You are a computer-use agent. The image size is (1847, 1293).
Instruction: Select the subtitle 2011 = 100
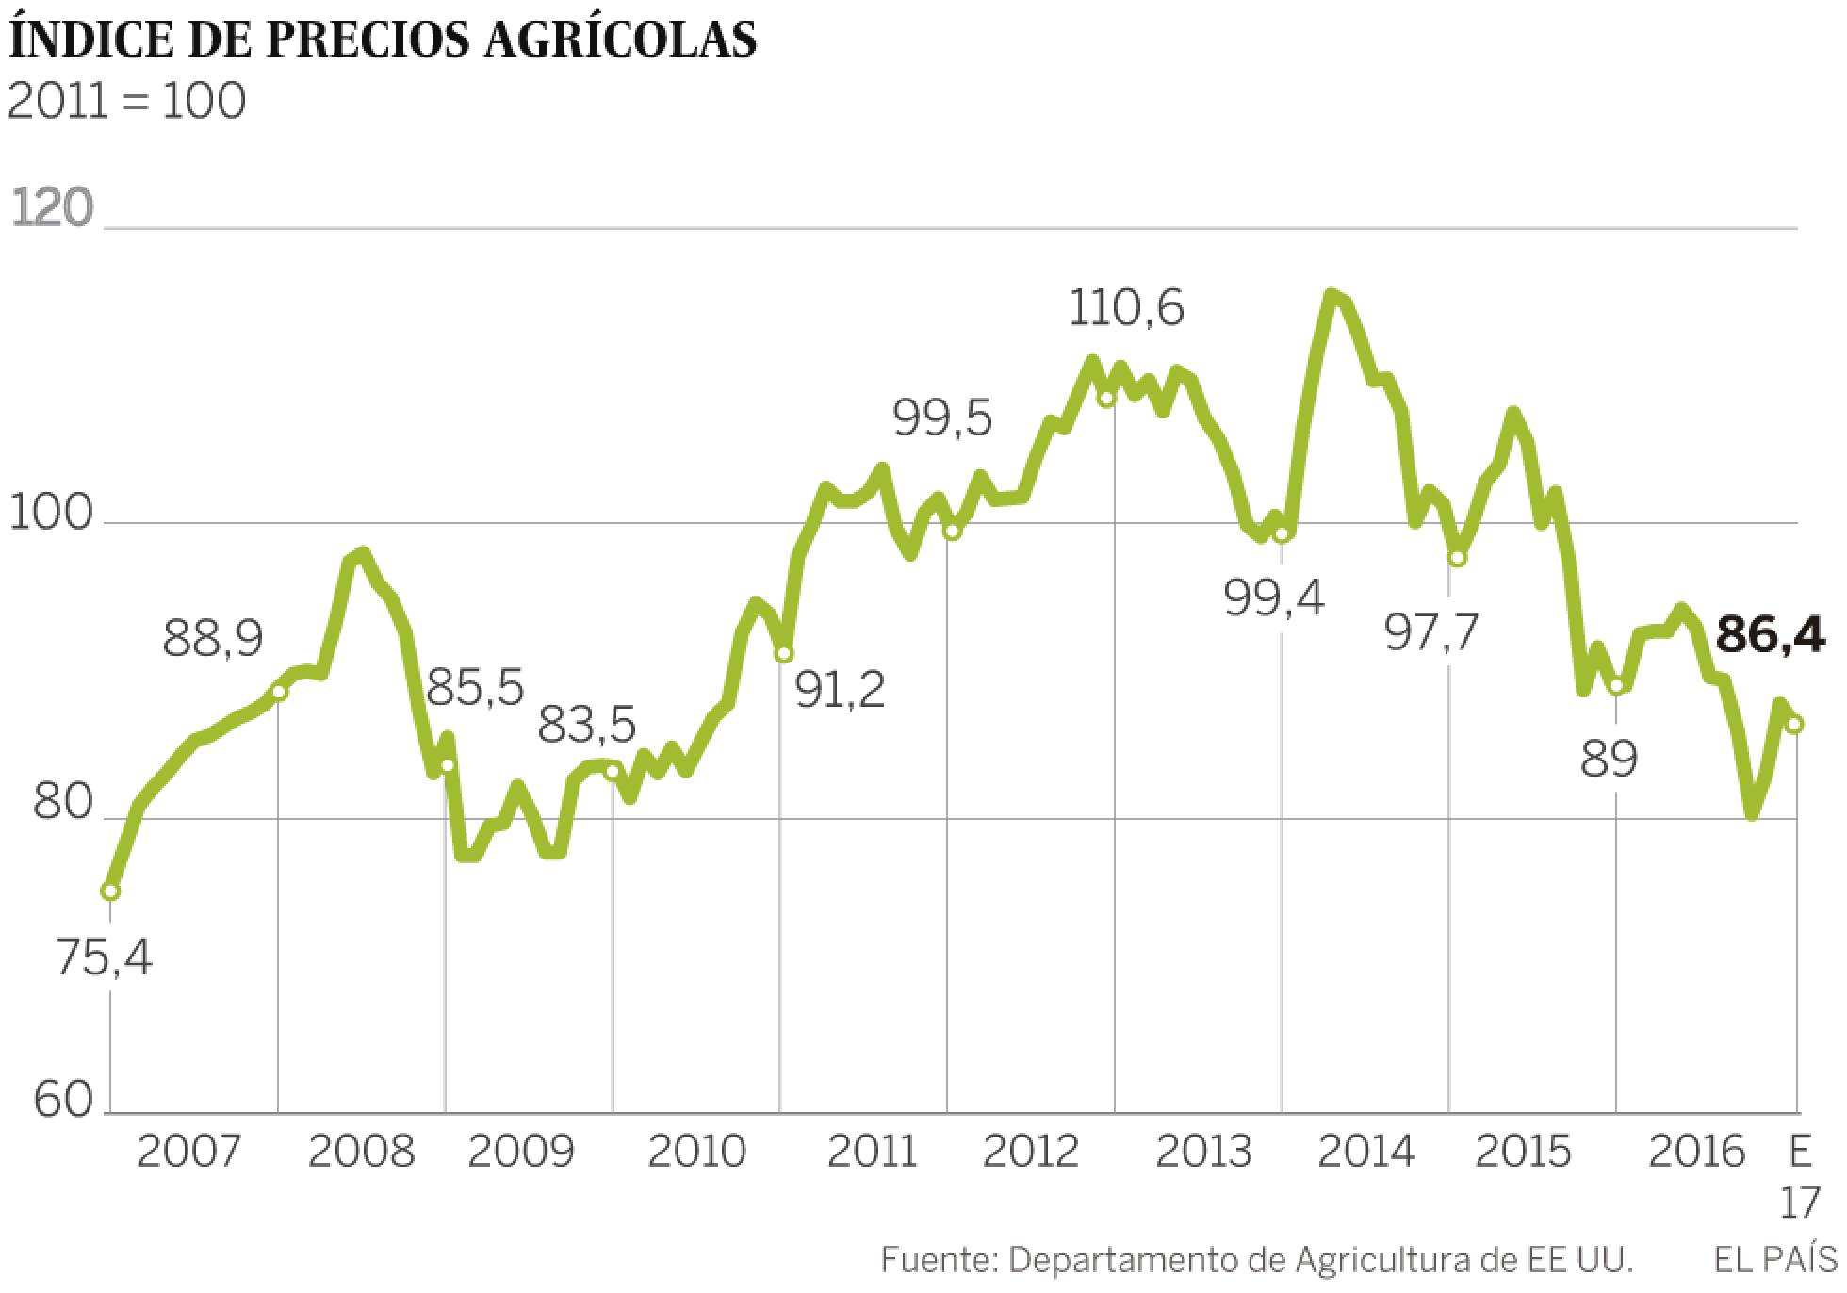(x=126, y=101)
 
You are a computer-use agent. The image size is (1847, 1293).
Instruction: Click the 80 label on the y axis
(x=63, y=806)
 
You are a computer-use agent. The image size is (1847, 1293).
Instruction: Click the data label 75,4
(x=104, y=959)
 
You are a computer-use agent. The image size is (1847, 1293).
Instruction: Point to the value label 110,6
(x=1126, y=308)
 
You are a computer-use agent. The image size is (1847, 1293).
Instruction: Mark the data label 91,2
(x=840, y=691)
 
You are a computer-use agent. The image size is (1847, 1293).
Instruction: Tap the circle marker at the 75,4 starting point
(x=110, y=891)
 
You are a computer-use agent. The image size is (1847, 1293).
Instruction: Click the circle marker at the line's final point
(x=1794, y=724)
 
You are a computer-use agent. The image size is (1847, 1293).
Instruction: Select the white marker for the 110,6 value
(x=1107, y=398)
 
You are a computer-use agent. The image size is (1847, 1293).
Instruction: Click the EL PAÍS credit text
(x=1775, y=1260)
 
